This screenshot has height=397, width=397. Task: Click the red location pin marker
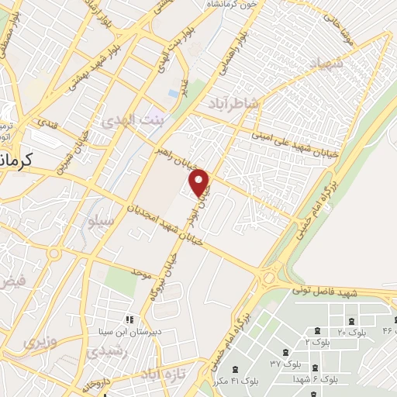click(x=200, y=182)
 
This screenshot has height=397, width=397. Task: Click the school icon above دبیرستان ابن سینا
click(x=129, y=319)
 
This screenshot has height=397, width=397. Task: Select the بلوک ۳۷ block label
click(x=285, y=363)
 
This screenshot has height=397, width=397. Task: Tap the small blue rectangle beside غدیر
click(x=171, y=93)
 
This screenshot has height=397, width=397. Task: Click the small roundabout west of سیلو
click(x=54, y=254)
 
